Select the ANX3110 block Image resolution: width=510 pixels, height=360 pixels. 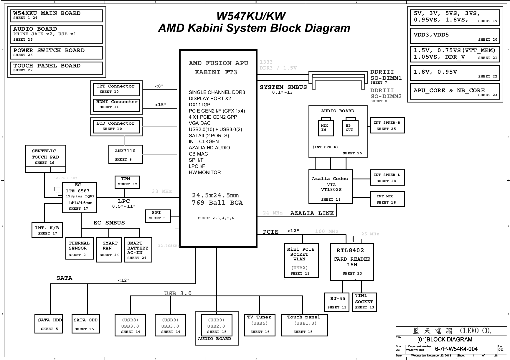(x=126, y=154)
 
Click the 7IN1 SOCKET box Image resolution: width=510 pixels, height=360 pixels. (x=364, y=302)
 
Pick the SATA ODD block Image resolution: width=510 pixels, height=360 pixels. (x=86, y=324)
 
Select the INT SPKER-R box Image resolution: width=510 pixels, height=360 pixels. (x=387, y=125)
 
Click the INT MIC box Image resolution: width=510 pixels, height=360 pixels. (x=387, y=199)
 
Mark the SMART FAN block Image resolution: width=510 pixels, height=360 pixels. (x=109, y=250)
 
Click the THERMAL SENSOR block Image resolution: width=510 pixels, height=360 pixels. (x=80, y=249)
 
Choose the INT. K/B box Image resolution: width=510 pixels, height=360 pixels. (x=47, y=230)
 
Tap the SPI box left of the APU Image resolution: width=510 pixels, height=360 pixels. (x=158, y=216)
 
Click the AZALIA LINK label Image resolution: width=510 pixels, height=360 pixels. (x=312, y=213)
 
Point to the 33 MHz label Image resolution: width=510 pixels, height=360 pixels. (x=162, y=191)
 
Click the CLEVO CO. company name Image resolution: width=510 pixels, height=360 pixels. (x=476, y=331)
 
